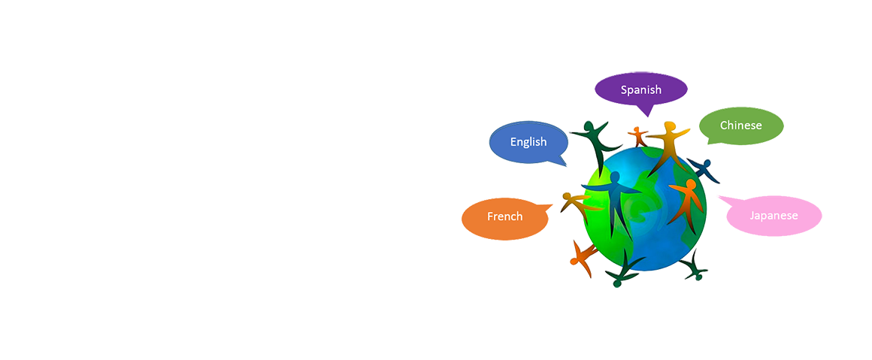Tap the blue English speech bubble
[528, 141]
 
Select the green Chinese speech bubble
[740, 126]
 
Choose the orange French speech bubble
[504, 216]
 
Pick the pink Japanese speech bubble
[774, 216]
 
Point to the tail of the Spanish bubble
[644, 112]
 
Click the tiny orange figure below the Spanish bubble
[638, 136]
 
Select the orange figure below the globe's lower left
[582, 256]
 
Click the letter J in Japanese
[752, 216]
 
